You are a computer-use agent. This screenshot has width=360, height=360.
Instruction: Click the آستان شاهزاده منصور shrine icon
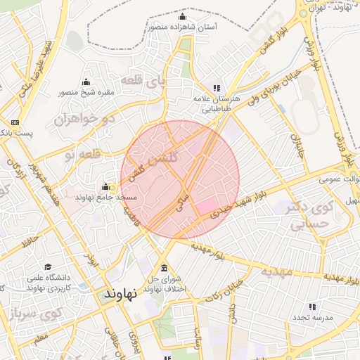point(183,16)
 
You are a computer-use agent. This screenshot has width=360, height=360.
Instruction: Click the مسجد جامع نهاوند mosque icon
point(106,186)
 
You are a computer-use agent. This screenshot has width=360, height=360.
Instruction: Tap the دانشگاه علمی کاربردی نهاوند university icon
point(48,266)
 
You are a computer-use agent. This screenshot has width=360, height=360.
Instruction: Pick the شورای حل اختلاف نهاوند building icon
point(164,268)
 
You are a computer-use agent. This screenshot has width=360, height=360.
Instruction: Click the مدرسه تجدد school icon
point(312,307)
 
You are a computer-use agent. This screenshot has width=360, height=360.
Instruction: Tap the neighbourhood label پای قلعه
point(144,81)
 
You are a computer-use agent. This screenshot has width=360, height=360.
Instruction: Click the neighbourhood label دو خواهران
point(83,120)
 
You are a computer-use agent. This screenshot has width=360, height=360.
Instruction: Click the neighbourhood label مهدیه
point(276,271)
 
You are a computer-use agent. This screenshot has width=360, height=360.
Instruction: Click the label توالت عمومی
point(337,179)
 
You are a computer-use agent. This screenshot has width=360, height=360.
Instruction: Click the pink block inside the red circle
point(207,207)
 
